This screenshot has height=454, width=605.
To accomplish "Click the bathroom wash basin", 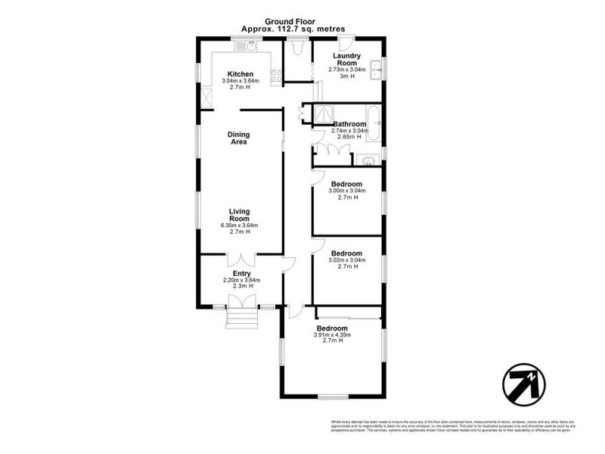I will [368, 160].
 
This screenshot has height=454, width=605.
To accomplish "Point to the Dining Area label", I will [239, 138].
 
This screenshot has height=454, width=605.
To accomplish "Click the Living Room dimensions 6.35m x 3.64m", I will [240, 225].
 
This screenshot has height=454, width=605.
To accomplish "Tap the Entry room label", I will [241, 273].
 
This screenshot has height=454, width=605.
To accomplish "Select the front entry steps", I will [242, 319].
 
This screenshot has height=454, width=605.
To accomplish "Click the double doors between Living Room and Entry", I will [241, 259].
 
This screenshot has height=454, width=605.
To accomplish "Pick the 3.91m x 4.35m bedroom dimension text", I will [334, 334].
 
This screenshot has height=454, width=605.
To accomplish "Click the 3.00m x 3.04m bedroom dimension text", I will [347, 191].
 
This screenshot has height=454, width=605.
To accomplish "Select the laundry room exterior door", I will [345, 42].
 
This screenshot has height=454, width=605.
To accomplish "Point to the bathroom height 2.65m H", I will [349, 137].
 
